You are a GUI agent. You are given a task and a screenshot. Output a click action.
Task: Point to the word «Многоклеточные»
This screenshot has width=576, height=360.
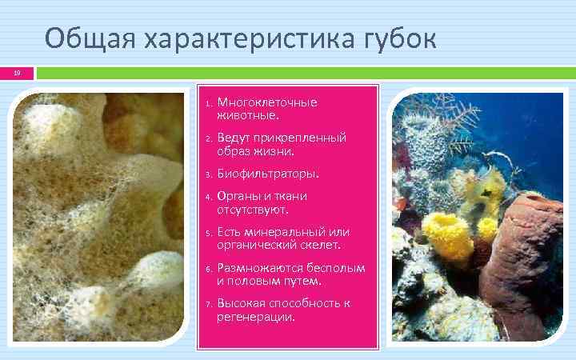267,102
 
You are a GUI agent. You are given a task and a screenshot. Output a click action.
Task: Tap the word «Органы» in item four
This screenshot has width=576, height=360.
239,196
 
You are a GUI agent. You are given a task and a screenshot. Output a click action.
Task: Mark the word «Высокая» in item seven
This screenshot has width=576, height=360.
242,304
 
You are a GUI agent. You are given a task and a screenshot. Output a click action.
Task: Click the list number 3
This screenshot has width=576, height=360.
206,174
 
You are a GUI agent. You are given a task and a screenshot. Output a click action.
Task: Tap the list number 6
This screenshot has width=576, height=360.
206,270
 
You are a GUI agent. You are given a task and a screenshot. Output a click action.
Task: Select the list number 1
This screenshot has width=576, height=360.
206,104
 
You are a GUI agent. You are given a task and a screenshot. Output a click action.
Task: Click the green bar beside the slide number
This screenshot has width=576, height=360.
304,73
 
